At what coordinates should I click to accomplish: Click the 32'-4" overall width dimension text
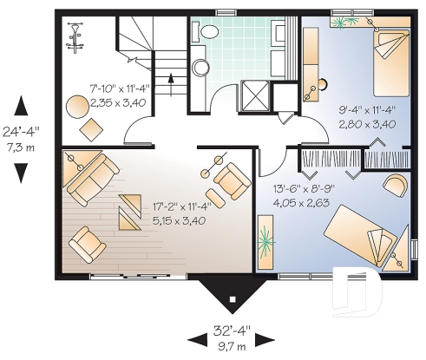point(232,331)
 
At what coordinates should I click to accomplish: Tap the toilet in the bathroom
point(208,31)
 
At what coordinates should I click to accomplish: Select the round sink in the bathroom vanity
point(200,67)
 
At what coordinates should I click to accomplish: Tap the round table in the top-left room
point(78,106)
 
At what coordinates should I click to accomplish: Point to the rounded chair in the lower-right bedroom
point(394,184)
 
